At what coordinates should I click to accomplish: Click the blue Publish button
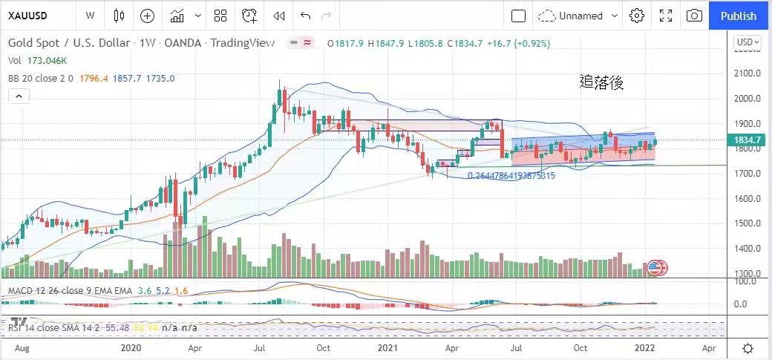point(738,16)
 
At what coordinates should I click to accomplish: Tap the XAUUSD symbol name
point(29,16)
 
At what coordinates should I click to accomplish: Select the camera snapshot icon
point(694,16)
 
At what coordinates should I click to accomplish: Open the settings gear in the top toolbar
point(636,16)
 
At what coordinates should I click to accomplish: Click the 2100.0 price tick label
point(747,73)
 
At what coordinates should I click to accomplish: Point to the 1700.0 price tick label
point(747,174)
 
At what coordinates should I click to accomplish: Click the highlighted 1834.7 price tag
point(748,140)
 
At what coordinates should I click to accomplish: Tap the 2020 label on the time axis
point(131,347)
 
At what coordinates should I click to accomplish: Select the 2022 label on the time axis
point(644,347)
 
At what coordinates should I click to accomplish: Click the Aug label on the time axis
point(22,347)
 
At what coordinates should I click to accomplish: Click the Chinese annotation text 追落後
point(601,82)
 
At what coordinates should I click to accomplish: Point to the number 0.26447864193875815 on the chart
point(511,176)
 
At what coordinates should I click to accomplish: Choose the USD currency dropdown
point(748,42)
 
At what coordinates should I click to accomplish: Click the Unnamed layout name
point(580,16)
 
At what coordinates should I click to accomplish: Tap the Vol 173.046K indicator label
point(37,61)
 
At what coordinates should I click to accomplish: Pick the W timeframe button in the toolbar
point(90,16)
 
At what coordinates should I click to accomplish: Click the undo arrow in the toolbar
point(305,16)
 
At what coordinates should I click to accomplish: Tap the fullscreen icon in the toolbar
point(665,16)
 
